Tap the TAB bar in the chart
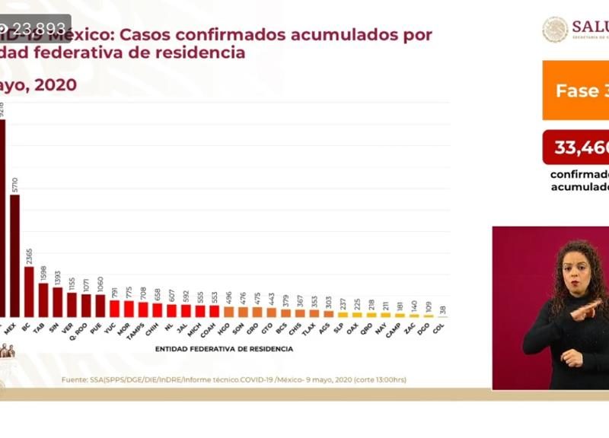43,300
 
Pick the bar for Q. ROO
86,305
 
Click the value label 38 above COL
442,310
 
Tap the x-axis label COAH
208,328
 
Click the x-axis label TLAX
308,328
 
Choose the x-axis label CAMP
394,329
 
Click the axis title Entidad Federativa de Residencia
224,349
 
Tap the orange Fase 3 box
576,90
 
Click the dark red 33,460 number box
576,147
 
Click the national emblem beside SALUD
555,29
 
